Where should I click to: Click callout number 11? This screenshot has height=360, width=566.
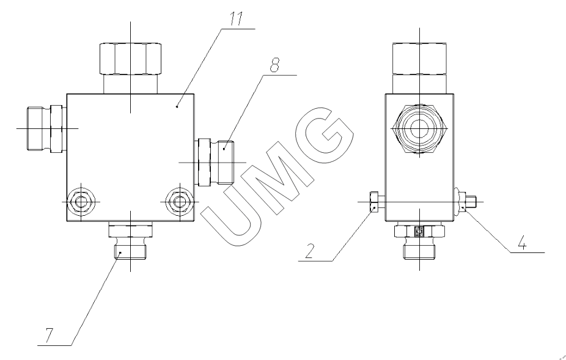[237, 19]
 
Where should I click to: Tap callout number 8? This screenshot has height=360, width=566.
[274, 65]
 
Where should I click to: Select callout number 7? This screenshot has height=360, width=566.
[49, 336]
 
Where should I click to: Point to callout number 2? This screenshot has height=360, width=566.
[309, 251]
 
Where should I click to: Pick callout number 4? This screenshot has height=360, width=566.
[522, 243]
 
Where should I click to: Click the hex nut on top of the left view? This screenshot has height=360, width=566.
[130, 59]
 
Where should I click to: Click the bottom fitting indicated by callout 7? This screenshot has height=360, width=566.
[130, 240]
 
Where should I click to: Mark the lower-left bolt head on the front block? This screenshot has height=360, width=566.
[81, 202]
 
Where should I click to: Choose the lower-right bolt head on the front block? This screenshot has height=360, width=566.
[179, 202]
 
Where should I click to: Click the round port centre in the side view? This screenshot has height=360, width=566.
[419, 128]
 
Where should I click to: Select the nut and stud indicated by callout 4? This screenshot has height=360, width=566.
[466, 201]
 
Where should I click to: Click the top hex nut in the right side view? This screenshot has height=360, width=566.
[419, 59]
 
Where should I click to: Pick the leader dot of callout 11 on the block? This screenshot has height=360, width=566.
[177, 106]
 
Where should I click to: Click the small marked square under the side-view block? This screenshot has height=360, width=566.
[419, 230]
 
